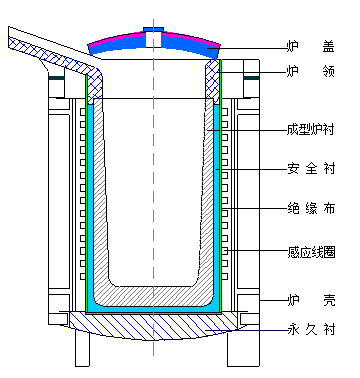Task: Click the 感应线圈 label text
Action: point(309,251)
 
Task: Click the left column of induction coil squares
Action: point(79,200)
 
